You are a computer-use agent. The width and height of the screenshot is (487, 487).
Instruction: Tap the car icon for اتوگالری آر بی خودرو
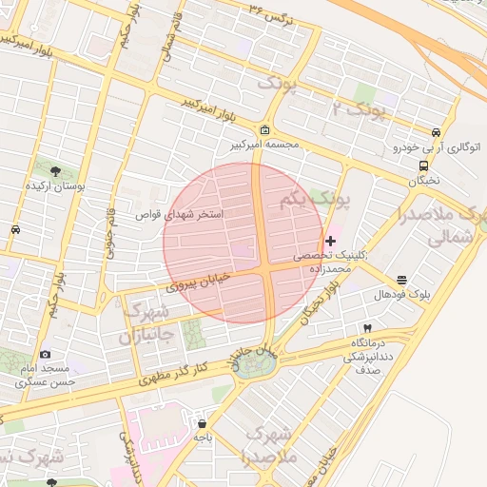pos(436,133)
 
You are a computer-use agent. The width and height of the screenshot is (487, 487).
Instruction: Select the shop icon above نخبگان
pos(423,165)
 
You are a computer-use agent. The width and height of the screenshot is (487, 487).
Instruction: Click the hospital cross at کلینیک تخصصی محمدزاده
pos(330,242)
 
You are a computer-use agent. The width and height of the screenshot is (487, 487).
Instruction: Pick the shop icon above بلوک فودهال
pos(402,281)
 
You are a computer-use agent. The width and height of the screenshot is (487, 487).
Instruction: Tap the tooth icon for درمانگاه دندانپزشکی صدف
pos(367,328)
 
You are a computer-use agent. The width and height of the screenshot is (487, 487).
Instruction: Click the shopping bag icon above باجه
pos(202,423)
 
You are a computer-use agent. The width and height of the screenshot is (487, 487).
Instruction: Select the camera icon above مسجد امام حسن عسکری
pos(46,355)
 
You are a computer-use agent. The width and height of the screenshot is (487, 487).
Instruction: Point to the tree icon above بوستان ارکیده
pos(54,171)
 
